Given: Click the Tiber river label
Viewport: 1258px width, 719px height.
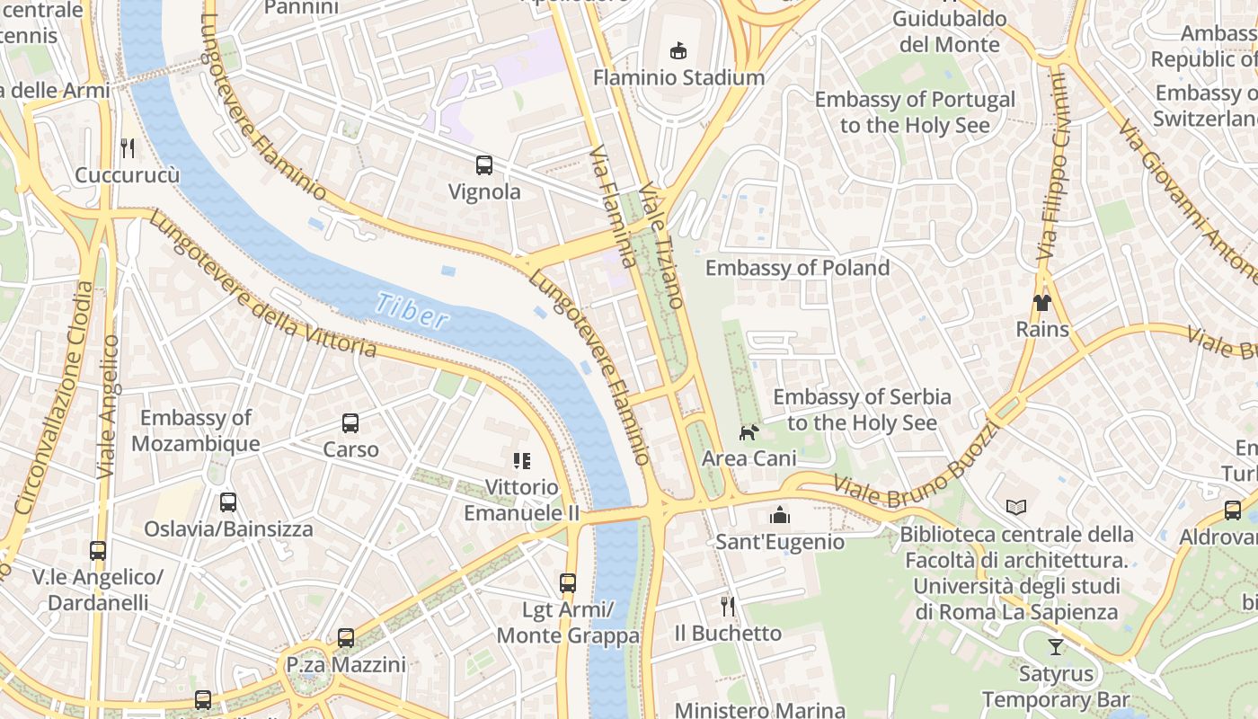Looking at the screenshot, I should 411,310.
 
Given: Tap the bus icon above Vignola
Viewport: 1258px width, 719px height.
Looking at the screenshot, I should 484,164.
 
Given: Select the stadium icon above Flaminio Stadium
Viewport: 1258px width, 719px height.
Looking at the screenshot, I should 678,51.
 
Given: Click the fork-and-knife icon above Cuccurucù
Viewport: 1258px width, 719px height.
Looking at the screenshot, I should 128,148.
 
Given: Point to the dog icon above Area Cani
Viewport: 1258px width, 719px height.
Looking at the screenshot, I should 749,432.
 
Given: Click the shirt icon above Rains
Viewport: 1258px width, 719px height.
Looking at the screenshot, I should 1042,303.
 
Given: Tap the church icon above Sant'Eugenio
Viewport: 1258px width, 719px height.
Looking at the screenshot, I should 779,515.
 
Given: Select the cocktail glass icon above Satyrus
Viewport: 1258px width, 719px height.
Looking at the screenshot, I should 1056,646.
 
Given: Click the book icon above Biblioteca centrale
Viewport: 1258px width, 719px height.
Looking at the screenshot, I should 1016,508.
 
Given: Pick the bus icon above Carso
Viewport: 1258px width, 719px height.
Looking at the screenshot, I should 350,422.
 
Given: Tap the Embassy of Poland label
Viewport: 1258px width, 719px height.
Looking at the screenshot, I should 797,268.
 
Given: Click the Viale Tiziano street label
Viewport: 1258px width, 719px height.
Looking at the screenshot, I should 664,247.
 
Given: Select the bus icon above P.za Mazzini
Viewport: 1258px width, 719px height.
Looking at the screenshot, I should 346,638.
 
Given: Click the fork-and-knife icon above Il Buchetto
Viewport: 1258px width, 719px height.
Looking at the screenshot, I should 728,607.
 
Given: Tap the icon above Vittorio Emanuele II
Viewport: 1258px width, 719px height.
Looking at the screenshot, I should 521,461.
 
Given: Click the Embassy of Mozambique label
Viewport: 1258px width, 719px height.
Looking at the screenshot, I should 196,431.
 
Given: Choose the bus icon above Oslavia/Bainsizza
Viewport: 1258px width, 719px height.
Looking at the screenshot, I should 228,502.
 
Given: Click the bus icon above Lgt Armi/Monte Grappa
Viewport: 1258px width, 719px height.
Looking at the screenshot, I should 568,583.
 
